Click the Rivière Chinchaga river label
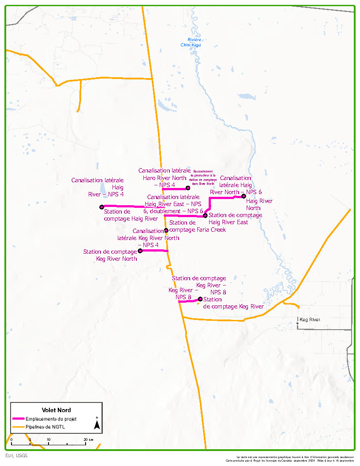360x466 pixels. click(191, 42)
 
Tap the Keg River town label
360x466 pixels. click(310, 319)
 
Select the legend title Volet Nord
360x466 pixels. click(56, 410)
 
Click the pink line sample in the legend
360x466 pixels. click(18, 419)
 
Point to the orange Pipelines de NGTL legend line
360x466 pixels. click(18, 427)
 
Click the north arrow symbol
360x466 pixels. click(97, 424)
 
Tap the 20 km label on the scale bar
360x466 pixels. click(88, 440)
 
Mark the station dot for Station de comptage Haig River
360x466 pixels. click(102, 207)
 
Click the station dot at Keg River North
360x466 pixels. click(140, 251)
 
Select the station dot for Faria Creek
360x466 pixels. click(166, 230)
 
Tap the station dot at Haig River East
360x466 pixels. click(205, 215)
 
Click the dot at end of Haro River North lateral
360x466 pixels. click(188, 188)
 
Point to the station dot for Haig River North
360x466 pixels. click(244, 195)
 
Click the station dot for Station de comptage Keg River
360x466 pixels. click(200, 299)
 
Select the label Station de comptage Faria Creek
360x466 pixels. click(197, 226)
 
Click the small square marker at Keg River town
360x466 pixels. click(297, 323)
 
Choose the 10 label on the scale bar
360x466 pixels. click(49, 440)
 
